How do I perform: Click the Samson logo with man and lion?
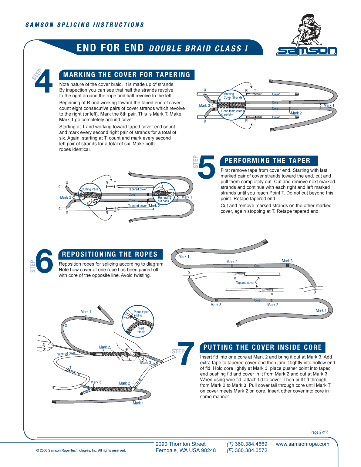(x=306, y=35)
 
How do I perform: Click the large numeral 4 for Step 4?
(x=44, y=81)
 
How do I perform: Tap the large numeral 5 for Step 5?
(x=207, y=167)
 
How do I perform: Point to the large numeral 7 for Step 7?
(x=186, y=353)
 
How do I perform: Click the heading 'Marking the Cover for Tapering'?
(x=127, y=75)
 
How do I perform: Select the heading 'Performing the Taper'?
(x=267, y=161)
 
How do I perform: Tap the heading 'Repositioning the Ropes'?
(x=110, y=254)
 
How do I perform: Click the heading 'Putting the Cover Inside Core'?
(x=262, y=348)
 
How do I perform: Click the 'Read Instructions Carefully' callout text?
(x=232, y=113)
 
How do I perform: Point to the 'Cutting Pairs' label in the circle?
(x=90, y=189)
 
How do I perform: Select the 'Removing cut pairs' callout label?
(x=164, y=199)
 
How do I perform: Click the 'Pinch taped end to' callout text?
(x=141, y=314)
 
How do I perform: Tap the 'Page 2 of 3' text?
(x=319, y=432)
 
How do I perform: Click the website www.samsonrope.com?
(x=302, y=444)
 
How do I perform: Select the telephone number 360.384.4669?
(x=251, y=444)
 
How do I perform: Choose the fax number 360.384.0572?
(x=251, y=451)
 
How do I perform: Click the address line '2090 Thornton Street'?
(x=180, y=444)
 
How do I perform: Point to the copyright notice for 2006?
(x=81, y=451)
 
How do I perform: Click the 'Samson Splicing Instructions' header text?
(x=85, y=25)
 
